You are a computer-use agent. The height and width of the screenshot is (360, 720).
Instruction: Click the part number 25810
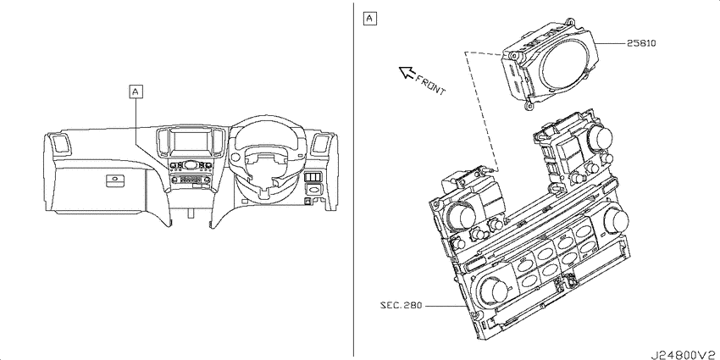pos(641,43)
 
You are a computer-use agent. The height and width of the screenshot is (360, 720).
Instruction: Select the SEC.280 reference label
pos(401,305)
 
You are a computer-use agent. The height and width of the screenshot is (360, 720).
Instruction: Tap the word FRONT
pos(430,85)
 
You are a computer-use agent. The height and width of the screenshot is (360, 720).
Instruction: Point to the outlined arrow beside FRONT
pos(407,72)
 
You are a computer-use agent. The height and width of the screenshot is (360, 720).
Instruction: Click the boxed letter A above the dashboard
pos(136,91)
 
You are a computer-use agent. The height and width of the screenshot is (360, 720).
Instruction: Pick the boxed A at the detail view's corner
pos(369,19)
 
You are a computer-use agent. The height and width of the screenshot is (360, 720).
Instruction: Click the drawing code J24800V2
pos(684,354)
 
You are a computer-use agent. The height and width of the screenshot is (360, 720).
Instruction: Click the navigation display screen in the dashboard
pos(191,143)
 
